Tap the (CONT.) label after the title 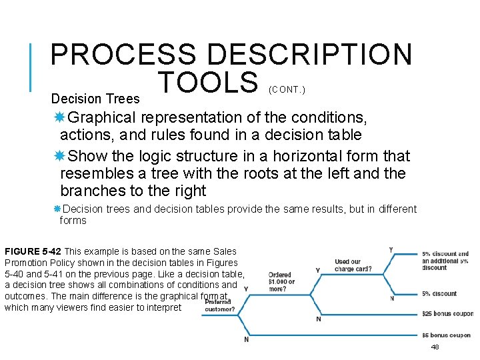click(x=288, y=89)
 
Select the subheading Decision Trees click(x=95, y=99)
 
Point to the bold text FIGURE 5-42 click(x=33, y=251)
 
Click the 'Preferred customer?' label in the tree click(x=219, y=305)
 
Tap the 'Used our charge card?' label click(x=353, y=265)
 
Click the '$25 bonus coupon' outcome click(x=447, y=313)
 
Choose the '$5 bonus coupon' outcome click(x=447, y=335)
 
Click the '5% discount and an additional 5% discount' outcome click(x=445, y=261)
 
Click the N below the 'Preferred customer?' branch click(x=246, y=339)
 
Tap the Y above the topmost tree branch click(x=391, y=249)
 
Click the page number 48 click(x=435, y=347)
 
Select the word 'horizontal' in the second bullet click(x=277, y=157)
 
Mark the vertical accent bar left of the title click(x=31, y=67)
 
